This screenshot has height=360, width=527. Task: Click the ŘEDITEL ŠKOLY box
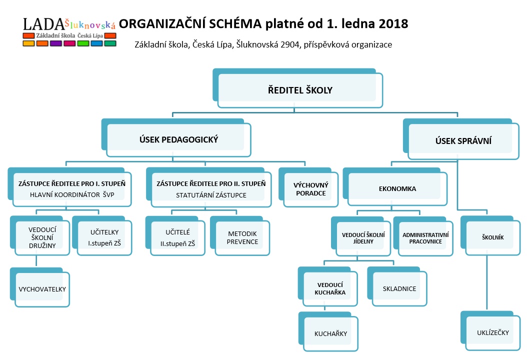(x=298, y=88)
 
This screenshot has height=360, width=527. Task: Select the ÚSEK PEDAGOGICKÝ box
(x=176, y=138)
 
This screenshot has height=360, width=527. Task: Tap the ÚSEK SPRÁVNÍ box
(x=461, y=139)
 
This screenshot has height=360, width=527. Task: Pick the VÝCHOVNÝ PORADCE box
(x=308, y=187)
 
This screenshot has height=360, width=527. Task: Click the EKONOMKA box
(x=395, y=187)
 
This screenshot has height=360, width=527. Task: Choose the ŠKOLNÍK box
(x=490, y=235)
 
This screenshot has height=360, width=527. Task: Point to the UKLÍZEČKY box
(x=490, y=331)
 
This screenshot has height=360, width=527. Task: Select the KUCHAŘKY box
(x=328, y=332)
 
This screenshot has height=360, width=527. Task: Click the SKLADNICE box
(x=397, y=286)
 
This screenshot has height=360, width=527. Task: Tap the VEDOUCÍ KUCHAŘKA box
(x=327, y=286)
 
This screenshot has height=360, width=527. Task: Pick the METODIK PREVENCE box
(x=240, y=236)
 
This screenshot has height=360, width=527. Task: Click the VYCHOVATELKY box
(x=40, y=287)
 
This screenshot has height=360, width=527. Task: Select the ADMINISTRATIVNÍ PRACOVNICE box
(x=423, y=236)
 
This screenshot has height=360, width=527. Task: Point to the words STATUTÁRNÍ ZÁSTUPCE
(x=211, y=195)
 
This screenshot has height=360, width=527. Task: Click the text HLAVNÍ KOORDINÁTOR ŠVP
(x=72, y=194)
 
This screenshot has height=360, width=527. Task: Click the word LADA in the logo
(x=43, y=24)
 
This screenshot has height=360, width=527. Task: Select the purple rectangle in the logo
(x=56, y=43)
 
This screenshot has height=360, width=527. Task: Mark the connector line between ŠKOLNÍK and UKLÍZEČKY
(x=487, y=282)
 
